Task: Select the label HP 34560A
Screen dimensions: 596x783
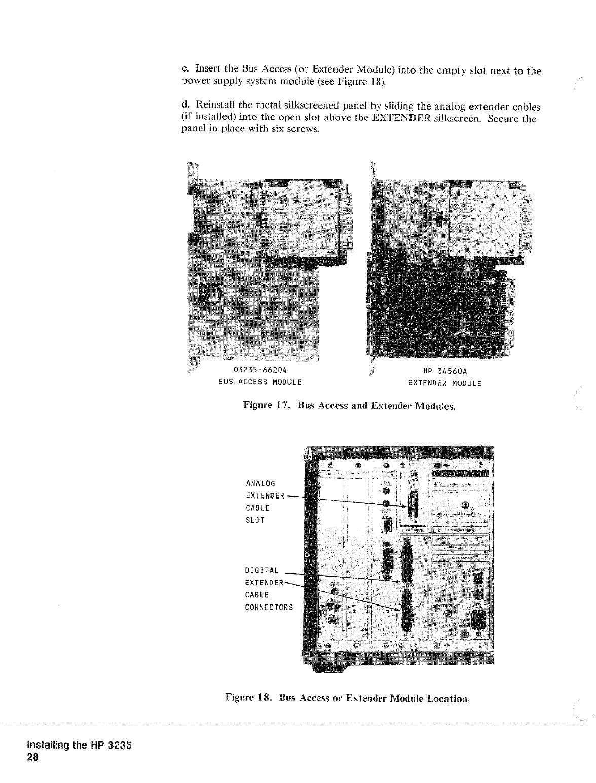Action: (444, 371)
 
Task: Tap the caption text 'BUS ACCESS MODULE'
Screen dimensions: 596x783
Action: (260, 382)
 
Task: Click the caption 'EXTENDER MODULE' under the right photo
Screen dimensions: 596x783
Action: (444, 383)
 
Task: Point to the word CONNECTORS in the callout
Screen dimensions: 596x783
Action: (269, 607)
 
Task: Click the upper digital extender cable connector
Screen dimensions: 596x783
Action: (407, 561)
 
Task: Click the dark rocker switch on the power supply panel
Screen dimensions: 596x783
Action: (476, 578)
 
